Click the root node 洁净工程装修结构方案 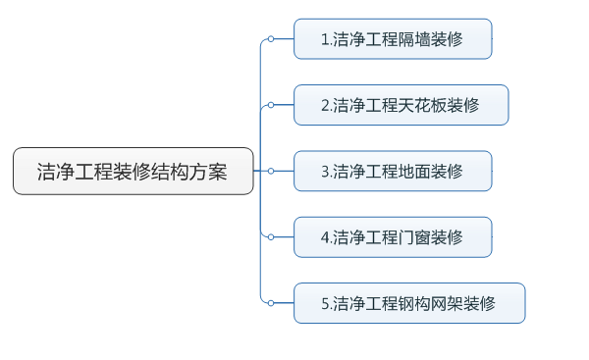tap(133, 171)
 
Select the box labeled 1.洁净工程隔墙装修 tap(393, 39)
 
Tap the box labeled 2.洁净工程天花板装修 tap(401, 105)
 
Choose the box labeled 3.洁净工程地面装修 tap(393, 171)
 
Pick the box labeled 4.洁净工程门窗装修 tap(393, 236)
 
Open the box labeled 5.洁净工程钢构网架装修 tap(409, 303)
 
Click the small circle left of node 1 tap(270, 39)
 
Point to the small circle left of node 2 tap(270, 105)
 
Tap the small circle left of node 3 tap(270, 171)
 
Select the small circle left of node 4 tap(270, 236)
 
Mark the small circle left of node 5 tap(270, 303)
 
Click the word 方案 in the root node tap(210, 171)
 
